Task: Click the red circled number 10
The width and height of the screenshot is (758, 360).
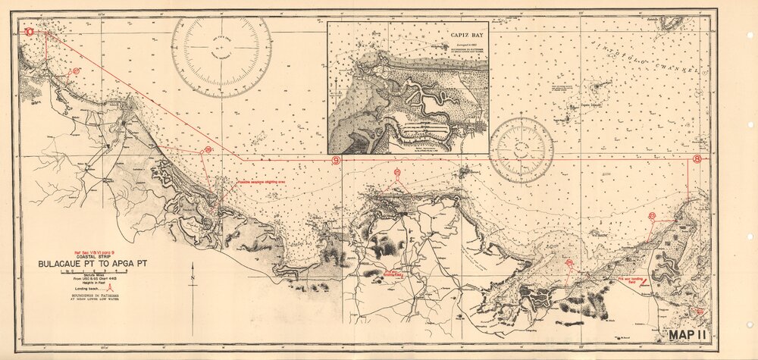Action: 29,32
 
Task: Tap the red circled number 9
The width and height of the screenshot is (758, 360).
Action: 336,160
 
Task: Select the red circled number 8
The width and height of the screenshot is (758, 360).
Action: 697,158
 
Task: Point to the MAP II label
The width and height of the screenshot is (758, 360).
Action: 688,333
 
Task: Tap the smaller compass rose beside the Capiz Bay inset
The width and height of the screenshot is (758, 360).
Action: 521,149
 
